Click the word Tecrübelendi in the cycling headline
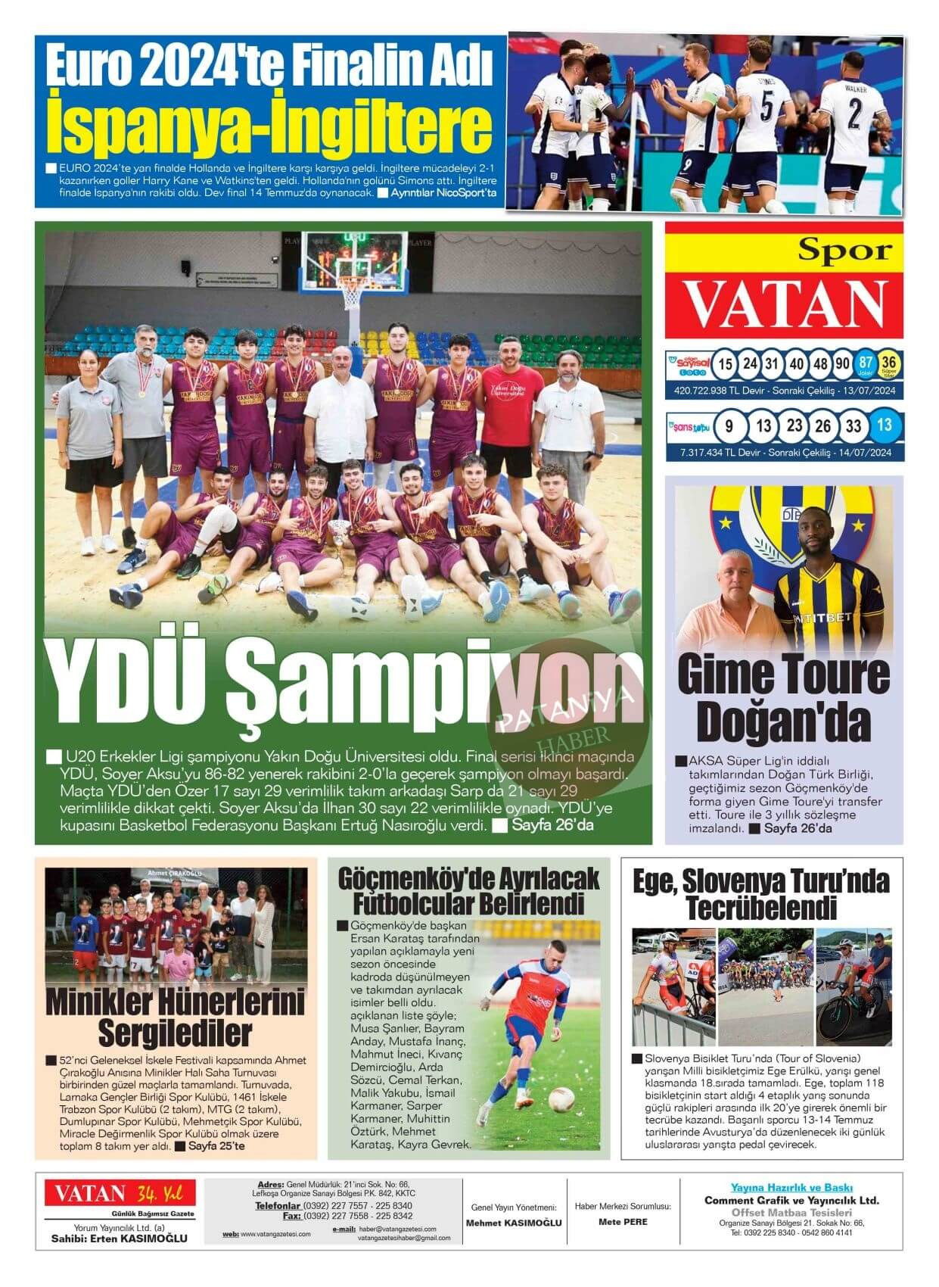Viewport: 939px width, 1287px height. click(x=760, y=907)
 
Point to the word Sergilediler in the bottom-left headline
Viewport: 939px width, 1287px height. click(x=175, y=1032)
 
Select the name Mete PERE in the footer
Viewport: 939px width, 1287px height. click(x=623, y=1221)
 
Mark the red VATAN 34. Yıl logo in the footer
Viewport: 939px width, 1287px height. click(x=120, y=1194)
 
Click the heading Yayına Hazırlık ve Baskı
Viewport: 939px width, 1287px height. click(x=791, y=1188)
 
